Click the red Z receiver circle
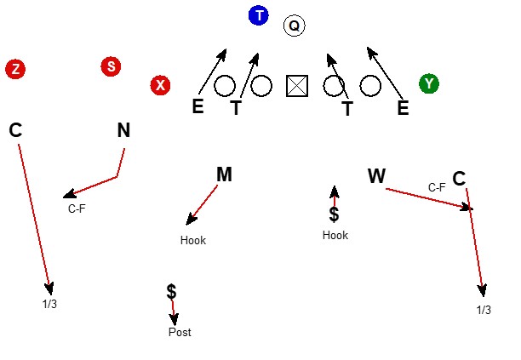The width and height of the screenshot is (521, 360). click(15, 70)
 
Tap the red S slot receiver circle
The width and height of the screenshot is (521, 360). click(111, 66)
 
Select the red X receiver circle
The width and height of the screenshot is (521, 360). click(161, 85)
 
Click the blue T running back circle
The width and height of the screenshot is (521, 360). click(259, 15)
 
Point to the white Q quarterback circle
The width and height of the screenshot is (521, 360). click(294, 26)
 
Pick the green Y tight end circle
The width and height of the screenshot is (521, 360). click(429, 83)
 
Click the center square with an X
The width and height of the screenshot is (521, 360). click(297, 86)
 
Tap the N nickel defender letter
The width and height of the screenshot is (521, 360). click(123, 130)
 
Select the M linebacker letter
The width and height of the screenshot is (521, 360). click(224, 174)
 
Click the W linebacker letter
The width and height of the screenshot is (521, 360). click(377, 175)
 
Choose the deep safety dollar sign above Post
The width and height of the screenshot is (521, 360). click(171, 292)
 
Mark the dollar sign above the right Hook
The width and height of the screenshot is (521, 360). click(334, 214)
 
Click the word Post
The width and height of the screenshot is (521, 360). click(180, 332)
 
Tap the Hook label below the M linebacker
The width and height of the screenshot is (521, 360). click(193, 240)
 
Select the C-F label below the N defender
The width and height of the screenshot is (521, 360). click(77, 209)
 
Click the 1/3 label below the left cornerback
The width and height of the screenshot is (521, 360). click(49, 304)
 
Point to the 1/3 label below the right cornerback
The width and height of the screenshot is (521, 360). click(484, 310)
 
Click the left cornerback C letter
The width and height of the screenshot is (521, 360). click(15, 130)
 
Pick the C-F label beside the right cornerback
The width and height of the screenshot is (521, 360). click(437, 187)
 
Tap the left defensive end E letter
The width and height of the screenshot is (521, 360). click(198, 106)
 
